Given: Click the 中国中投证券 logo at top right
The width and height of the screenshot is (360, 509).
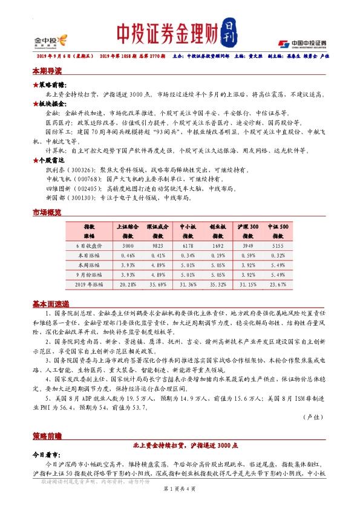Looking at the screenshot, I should pyautogui.click(x=302, y=43).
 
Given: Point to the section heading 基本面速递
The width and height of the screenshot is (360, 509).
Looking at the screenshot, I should pyautogui.click(x=51, y=304).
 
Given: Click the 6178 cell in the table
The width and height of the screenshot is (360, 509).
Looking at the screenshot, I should pyautogui.click(x=189, y=247).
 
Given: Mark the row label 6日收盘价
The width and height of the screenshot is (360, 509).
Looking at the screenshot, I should pyautogui.click(x=90, y=247).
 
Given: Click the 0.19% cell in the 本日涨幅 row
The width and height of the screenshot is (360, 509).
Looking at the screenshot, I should pyautogui.click(x=218, y=256).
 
